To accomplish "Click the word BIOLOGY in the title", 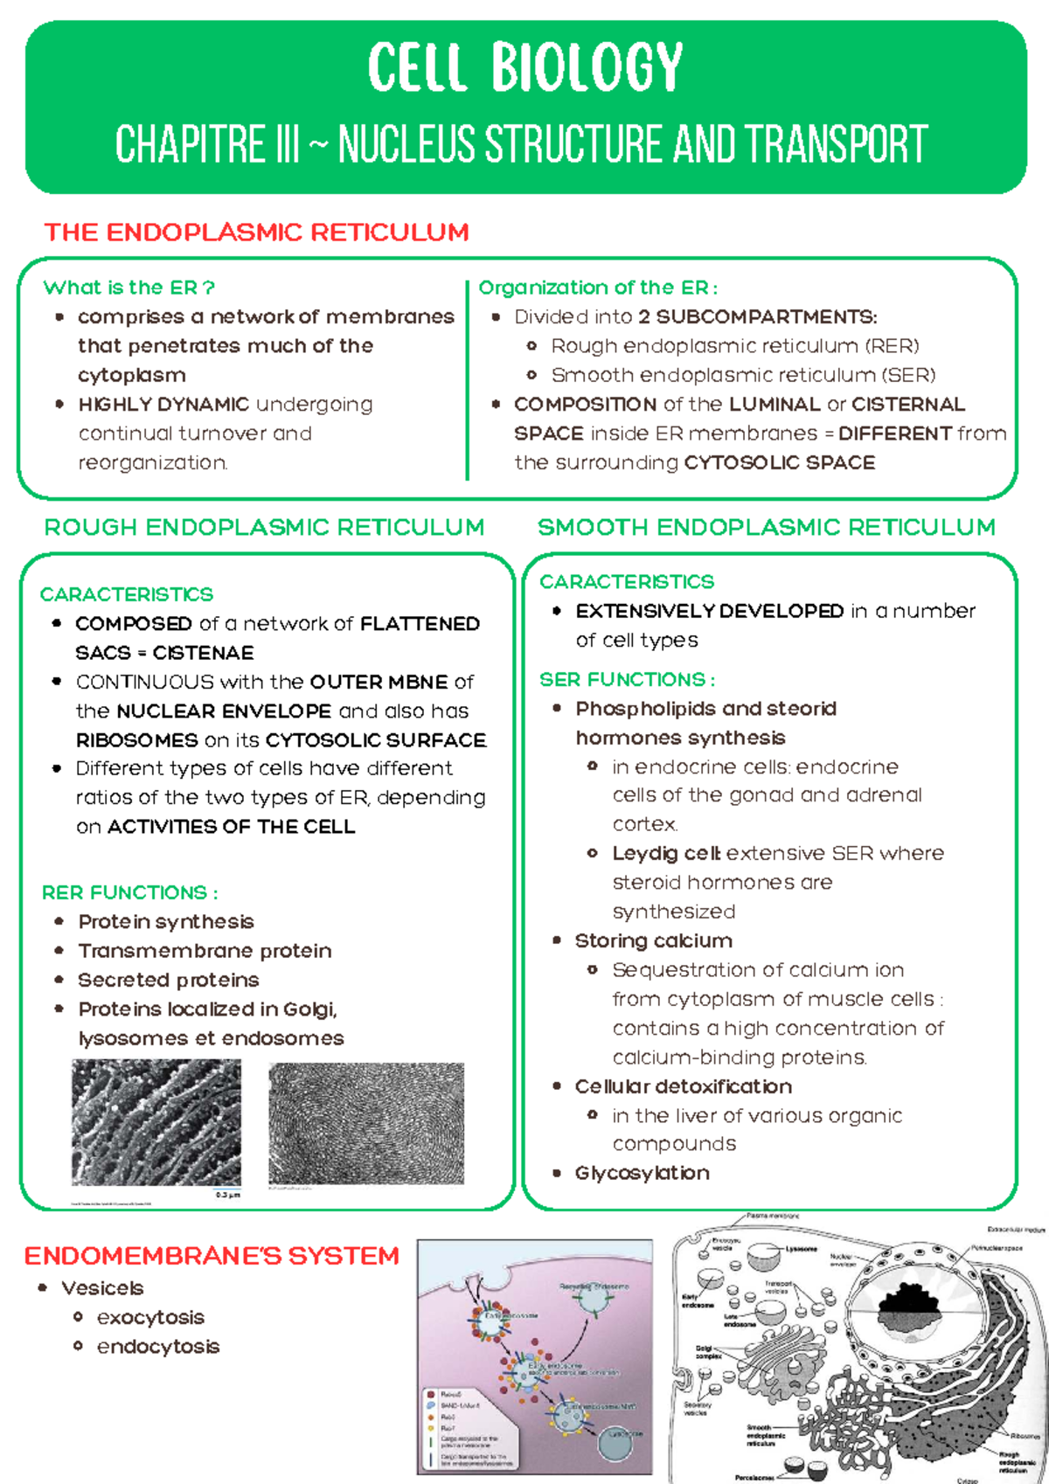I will click(587, 67).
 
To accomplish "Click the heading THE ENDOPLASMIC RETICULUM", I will click(256, 232).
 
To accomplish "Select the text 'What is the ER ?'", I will click(129, 288).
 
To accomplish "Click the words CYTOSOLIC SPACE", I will click(780, 462).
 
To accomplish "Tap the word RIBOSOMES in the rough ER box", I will click(137, 740).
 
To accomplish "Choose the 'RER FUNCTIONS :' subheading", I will click(129, 892).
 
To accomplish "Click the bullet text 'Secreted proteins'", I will click(169, 980).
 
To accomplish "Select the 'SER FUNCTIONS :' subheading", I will click(627, 679).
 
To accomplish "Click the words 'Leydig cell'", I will click(666, 853).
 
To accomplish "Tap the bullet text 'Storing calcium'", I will click(654, 940).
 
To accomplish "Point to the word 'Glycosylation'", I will click(642, 1173).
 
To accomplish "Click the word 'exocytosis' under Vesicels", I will click(150, 1317).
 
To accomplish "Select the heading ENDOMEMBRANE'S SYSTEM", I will click(212, 1256).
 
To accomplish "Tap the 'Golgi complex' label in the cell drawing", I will click(708, 1352).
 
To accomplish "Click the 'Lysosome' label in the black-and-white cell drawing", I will click(801, 1249).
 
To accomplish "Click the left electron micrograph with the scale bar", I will click(156, 1122).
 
